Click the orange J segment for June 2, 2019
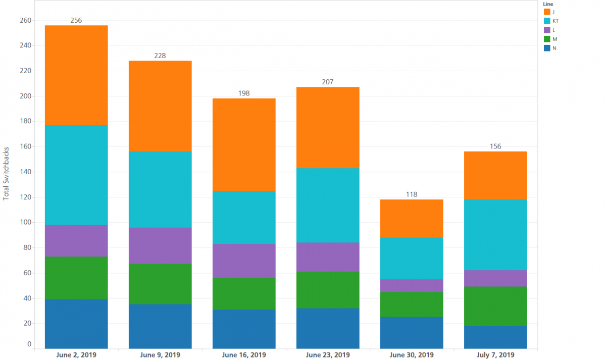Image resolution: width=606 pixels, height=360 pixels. pos(76,75)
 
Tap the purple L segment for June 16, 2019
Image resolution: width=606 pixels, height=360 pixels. pos(244,261)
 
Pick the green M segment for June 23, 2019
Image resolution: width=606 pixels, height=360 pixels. pos(328,290)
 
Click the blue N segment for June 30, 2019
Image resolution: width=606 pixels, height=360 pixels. pos(412,332)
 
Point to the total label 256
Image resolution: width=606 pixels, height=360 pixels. pos(76,21)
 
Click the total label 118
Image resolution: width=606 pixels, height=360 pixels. pos(412,194)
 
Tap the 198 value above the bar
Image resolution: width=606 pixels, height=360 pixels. pos(244,93)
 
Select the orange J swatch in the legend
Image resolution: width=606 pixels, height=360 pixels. pos(546,12)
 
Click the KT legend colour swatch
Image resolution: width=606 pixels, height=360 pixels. pos(546,21)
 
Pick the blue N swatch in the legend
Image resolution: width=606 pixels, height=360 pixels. pos(546,48)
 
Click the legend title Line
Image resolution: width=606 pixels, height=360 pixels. pos(548,4)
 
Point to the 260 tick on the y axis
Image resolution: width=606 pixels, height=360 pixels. pos(26,21)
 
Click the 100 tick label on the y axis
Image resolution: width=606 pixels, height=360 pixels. pos(26,222)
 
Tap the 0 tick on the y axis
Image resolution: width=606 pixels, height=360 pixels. pos(29,344)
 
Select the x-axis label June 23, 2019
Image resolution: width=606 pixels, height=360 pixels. pos(328,355)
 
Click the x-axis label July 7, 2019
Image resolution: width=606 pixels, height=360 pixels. pos(495,355)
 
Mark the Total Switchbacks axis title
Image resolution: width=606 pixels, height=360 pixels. pos(6,175)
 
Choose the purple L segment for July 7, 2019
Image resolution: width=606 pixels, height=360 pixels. pos(495,278)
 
